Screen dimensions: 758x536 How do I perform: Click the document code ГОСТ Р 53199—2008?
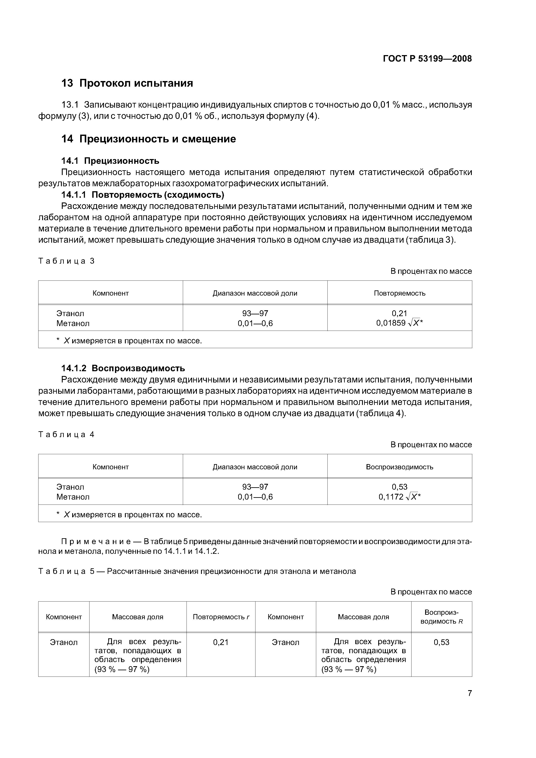427,59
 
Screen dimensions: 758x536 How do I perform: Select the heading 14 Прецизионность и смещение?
149,139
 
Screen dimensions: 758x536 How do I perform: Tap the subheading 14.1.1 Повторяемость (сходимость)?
143,195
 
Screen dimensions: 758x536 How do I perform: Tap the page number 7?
469,693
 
